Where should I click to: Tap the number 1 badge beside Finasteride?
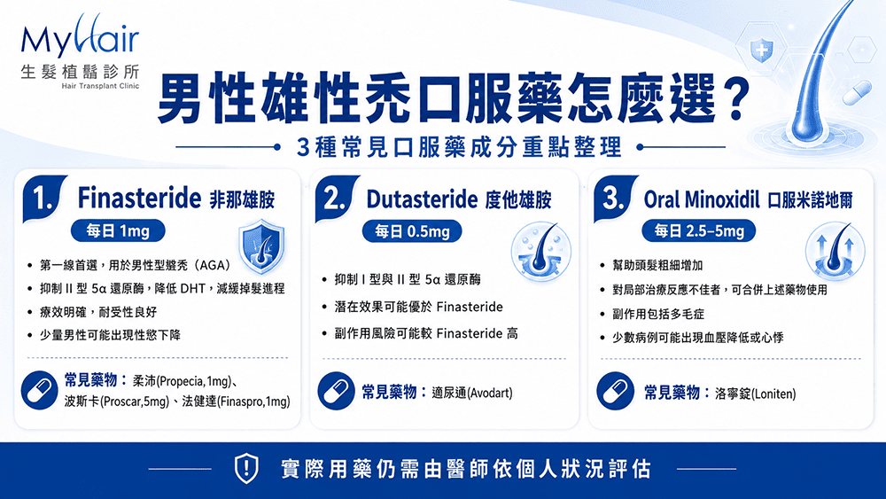43,199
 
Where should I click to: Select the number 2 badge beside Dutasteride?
336,199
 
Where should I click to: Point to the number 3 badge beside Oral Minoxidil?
614,199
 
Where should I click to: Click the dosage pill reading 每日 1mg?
118,230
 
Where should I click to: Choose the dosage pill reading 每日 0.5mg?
412,231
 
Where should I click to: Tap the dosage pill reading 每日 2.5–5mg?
698,230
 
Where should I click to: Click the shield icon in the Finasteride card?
261,247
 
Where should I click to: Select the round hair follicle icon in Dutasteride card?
540,252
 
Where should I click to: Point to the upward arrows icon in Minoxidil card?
835,251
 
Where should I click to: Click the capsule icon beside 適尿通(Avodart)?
336,391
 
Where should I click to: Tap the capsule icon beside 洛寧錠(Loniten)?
616,391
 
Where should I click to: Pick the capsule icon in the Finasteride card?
40,390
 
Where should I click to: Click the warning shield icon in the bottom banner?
246,469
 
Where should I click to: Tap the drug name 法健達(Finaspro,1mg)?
236,402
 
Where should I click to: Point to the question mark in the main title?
734,100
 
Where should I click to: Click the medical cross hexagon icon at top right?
761,50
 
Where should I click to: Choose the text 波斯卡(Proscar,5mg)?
117,402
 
